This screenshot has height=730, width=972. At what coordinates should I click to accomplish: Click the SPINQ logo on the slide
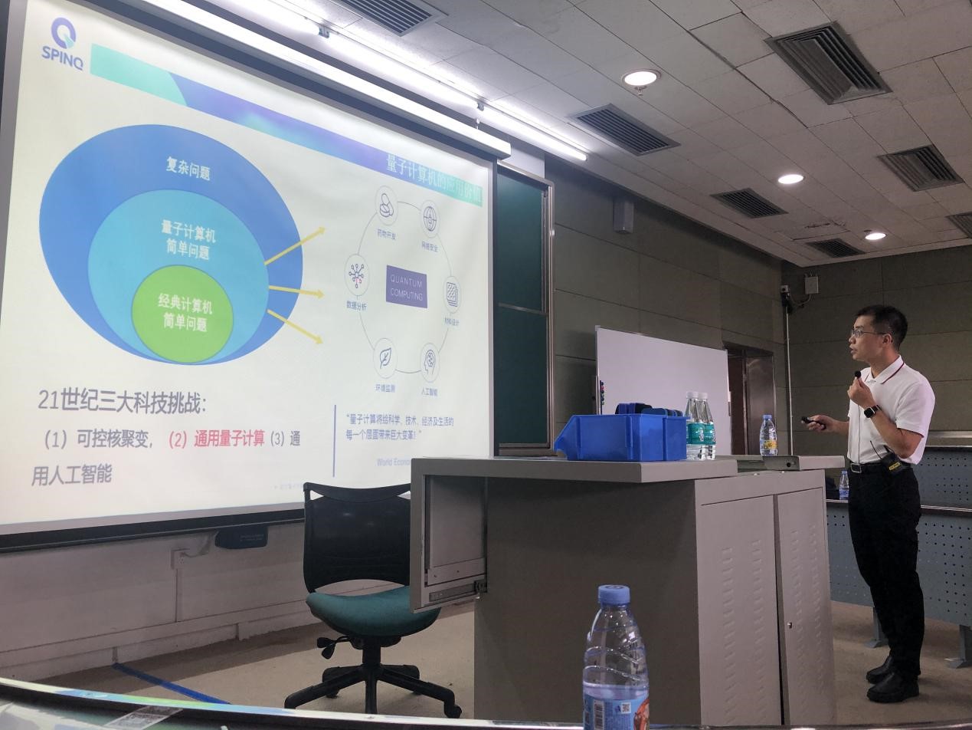tap(63, 41)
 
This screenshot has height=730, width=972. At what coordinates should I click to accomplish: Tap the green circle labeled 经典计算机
tap(184, 313)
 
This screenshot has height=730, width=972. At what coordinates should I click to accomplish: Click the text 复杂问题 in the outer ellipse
tap(188, 169)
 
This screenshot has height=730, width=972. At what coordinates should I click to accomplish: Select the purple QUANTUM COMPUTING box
tap(406, 287)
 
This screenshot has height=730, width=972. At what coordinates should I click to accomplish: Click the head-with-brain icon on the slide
tap(430, 359)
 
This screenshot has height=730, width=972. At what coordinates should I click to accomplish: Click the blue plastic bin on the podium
tap(620, 436)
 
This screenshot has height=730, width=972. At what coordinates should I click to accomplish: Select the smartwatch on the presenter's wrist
tap(871, 411)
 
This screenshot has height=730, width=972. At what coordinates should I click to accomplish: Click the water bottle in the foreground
tap(615, 659)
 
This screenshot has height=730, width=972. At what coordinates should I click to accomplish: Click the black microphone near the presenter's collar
tap(858, 374)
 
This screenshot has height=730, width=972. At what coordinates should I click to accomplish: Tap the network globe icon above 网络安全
tap(430, 217)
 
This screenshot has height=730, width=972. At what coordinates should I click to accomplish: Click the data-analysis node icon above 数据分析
tap(357, 275)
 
